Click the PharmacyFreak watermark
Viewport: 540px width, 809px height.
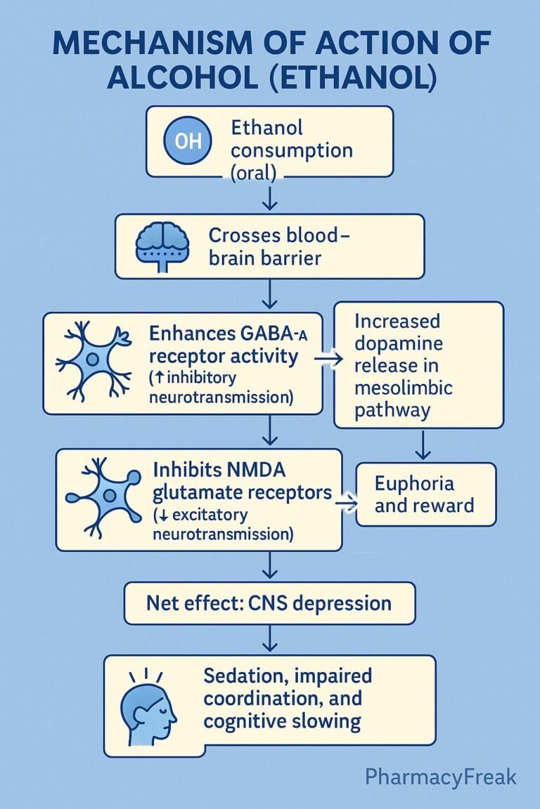click(441, 777)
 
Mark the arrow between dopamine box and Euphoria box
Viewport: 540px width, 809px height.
click(423, 445)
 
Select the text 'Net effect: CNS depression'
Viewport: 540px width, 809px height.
click(269, 603)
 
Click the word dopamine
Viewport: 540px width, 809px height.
click(398, 343)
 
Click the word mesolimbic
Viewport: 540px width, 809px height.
click(404, 388)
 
